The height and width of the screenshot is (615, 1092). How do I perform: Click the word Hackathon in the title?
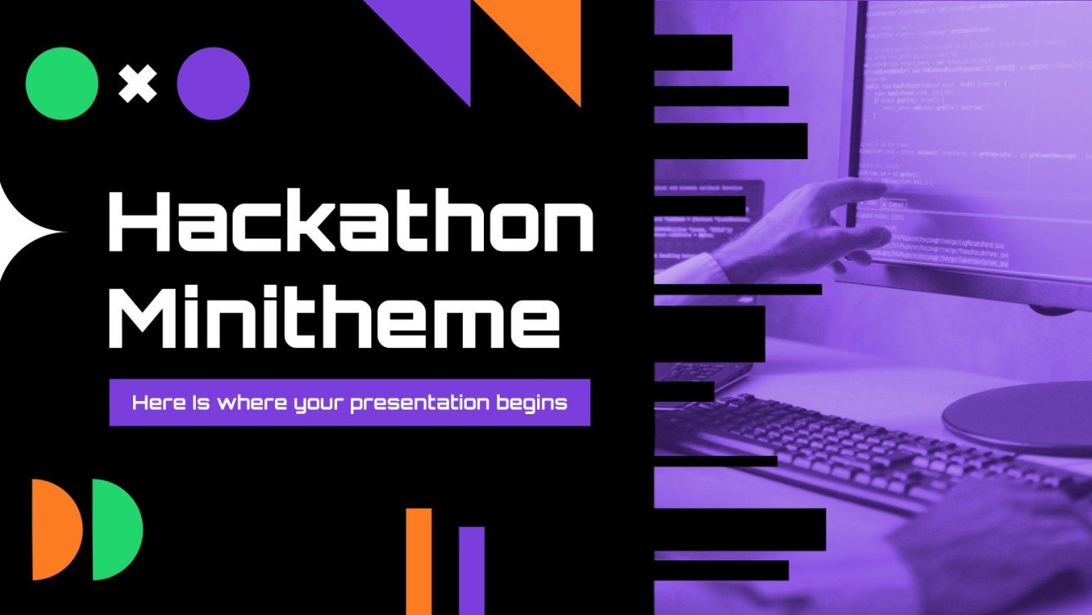tap(351, 222)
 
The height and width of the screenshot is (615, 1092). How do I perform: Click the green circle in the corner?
tap(62, 83)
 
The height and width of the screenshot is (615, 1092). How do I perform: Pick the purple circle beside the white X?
tap(213, 83)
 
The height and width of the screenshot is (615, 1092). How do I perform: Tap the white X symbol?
tap(137, 83)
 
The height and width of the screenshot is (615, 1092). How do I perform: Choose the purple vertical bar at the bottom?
tap(471, 570)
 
